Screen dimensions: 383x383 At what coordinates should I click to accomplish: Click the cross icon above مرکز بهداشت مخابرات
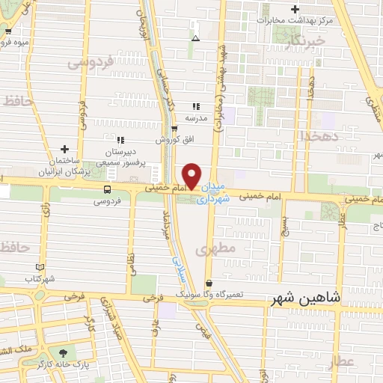pyautogui.click(x=295, y=10)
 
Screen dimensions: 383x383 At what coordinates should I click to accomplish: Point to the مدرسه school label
pyautogui.click(x=195, y=118)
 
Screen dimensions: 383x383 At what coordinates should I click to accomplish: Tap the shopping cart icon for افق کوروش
pyautogui.click(x=174, y=128)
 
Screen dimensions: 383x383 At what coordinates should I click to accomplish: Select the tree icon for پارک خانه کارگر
pyautogui.click(x=61, y=352)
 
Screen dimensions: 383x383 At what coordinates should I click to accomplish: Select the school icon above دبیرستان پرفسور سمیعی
pyautogui.click(x=120, y=139)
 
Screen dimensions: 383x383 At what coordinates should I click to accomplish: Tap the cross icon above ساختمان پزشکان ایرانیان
pyautogui.click(x=64, y=150)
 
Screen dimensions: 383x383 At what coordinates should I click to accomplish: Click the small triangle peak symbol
pyautogui.click(x=195, y=37)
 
